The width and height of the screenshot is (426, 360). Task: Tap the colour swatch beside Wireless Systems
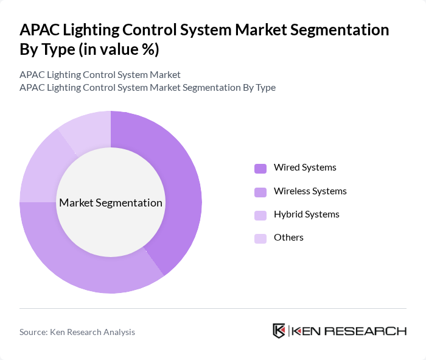click(x=260, y=192)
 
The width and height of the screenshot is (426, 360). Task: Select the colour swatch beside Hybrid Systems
click(x=260, y=215)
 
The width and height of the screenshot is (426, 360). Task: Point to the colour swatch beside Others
click(x=260, y=238)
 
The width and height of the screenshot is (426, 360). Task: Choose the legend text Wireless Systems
click(x=310, y=191)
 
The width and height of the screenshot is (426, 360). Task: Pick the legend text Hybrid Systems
click(x=306, y=214)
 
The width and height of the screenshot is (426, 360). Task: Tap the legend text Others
click(x=288, y=238)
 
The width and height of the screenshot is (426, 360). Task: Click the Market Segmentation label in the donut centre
click(x=111, y=203)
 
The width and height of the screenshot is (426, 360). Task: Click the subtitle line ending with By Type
click(x=147, y=88)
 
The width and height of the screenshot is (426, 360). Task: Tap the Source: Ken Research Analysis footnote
click(x=77, y=332)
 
